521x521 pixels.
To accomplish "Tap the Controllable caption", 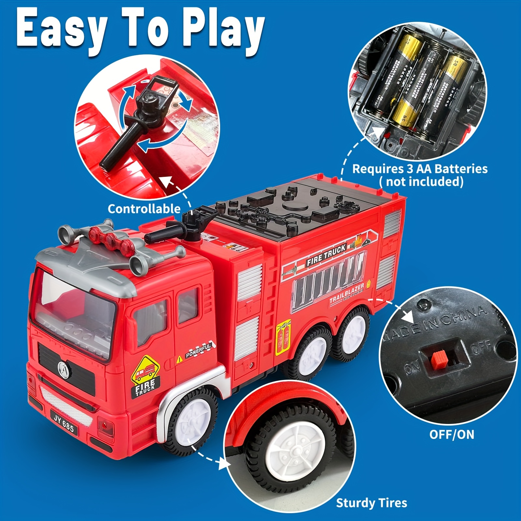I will pyautogui.click(x=144, y=209).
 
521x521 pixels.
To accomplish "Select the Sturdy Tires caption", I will pyautogui.click(x=372, y=503).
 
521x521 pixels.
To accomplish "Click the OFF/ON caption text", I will pyautogui.click(x=452, y=434).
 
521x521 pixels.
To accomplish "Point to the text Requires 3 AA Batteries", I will pyautogui.click(x=420, y=169).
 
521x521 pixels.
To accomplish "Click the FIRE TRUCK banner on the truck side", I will pyautogui.click(x=326, y=255).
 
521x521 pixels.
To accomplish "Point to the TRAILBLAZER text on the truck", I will pyautogui.click(x=346, y=294).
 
